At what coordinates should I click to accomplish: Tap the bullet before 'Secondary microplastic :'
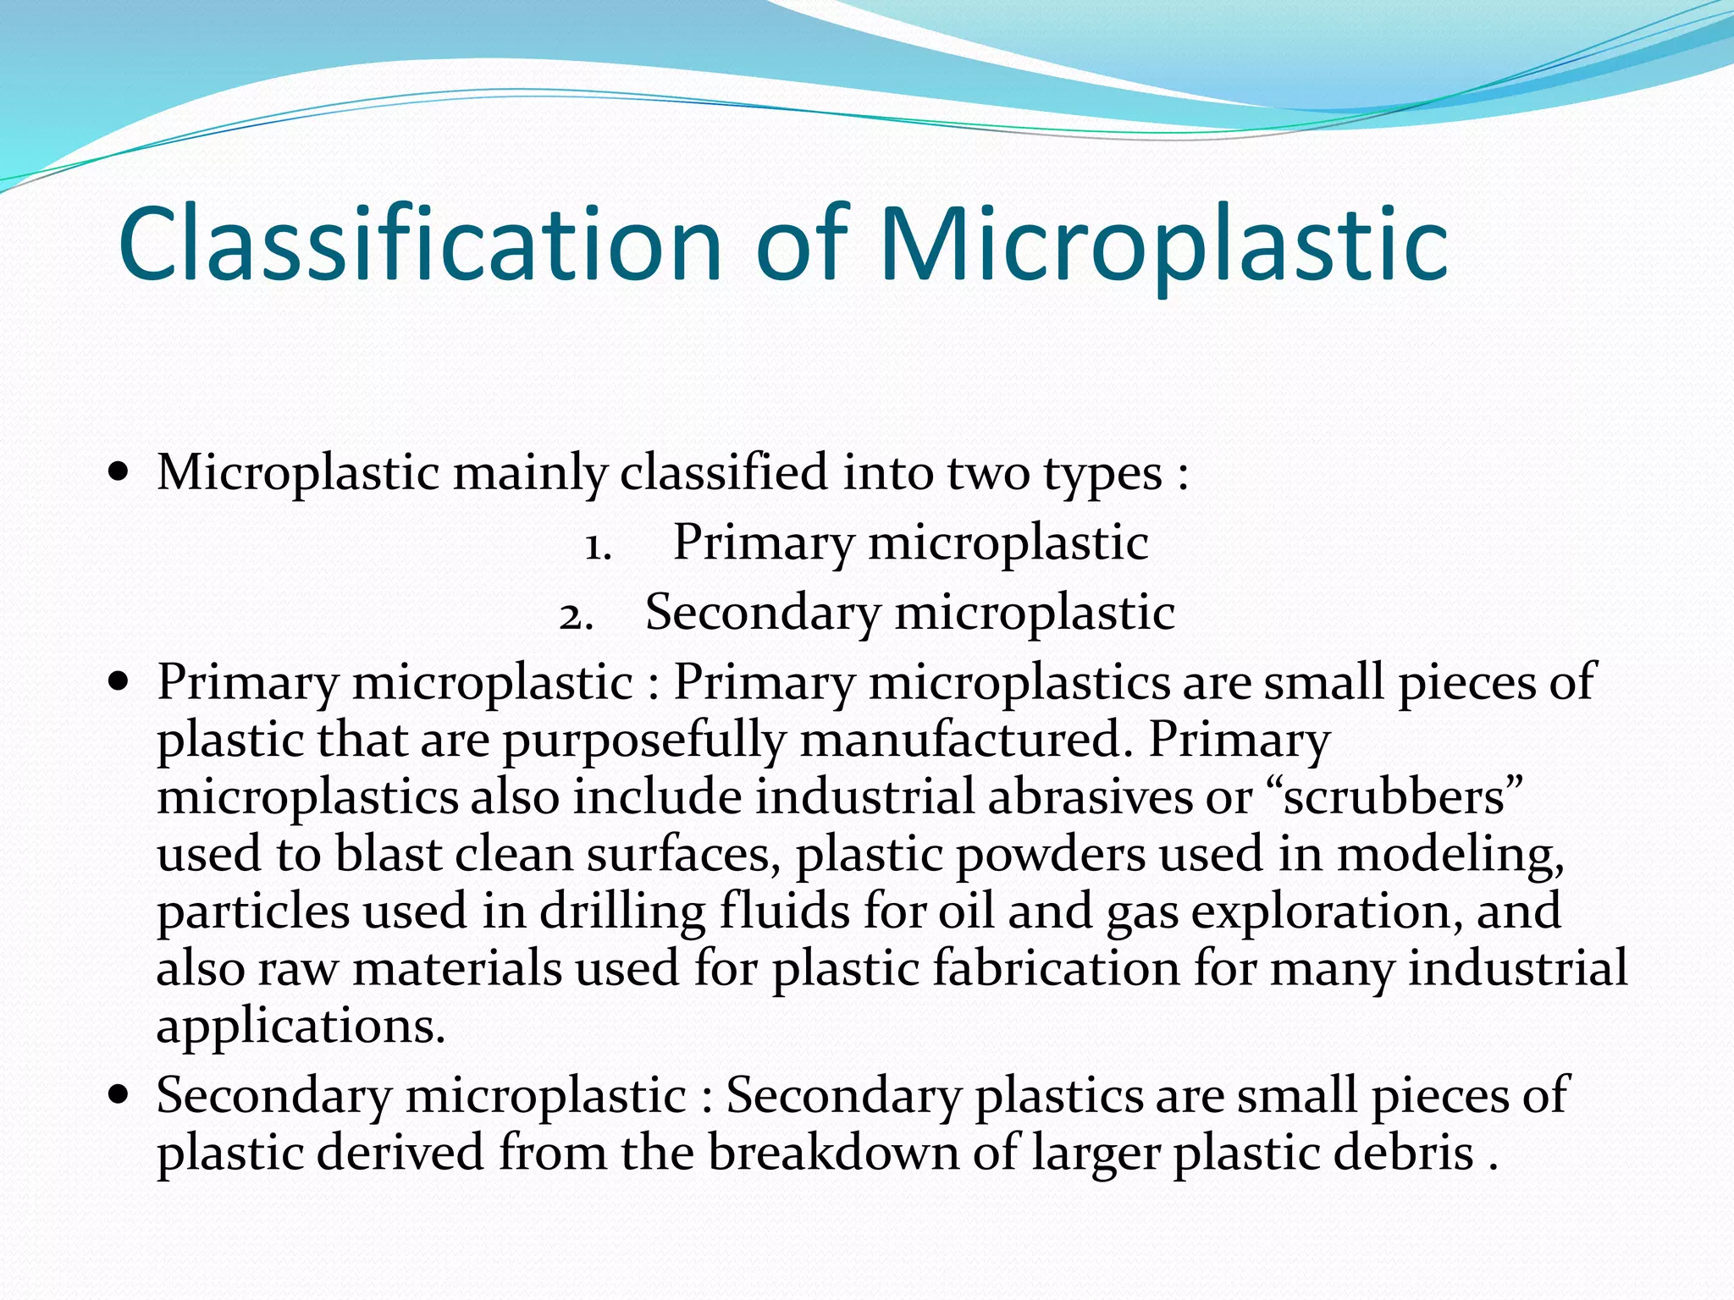pos(119,1093)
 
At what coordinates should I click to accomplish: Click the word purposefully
pos(644,741)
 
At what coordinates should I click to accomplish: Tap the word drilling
pos(623,912)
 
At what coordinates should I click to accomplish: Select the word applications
pos(300,1027)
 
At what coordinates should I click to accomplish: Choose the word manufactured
pos(961,741)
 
